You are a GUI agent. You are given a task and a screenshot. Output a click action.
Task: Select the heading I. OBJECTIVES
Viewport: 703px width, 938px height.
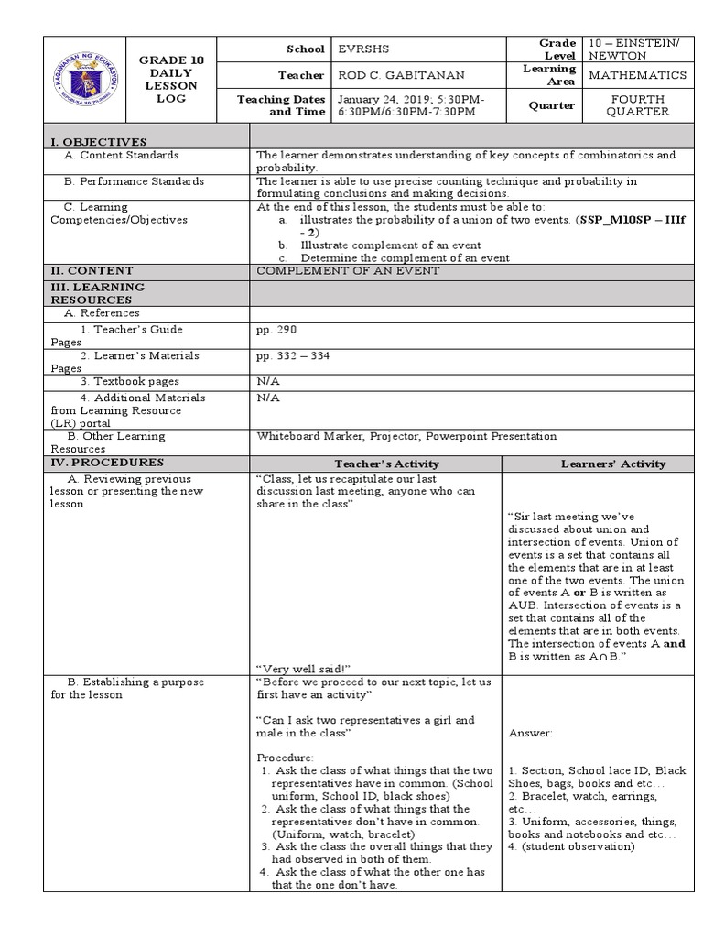(x=99, y=141)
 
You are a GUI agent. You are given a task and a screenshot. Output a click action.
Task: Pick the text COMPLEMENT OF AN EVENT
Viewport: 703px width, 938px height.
(x=348, y=270)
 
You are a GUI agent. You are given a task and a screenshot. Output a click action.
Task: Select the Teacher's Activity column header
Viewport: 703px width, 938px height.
(x=374, y=464)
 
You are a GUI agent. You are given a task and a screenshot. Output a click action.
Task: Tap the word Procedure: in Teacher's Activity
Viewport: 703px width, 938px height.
(x=285, y=758)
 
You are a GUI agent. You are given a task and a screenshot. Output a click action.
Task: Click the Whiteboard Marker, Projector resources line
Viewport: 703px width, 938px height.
(x=406, y=436)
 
